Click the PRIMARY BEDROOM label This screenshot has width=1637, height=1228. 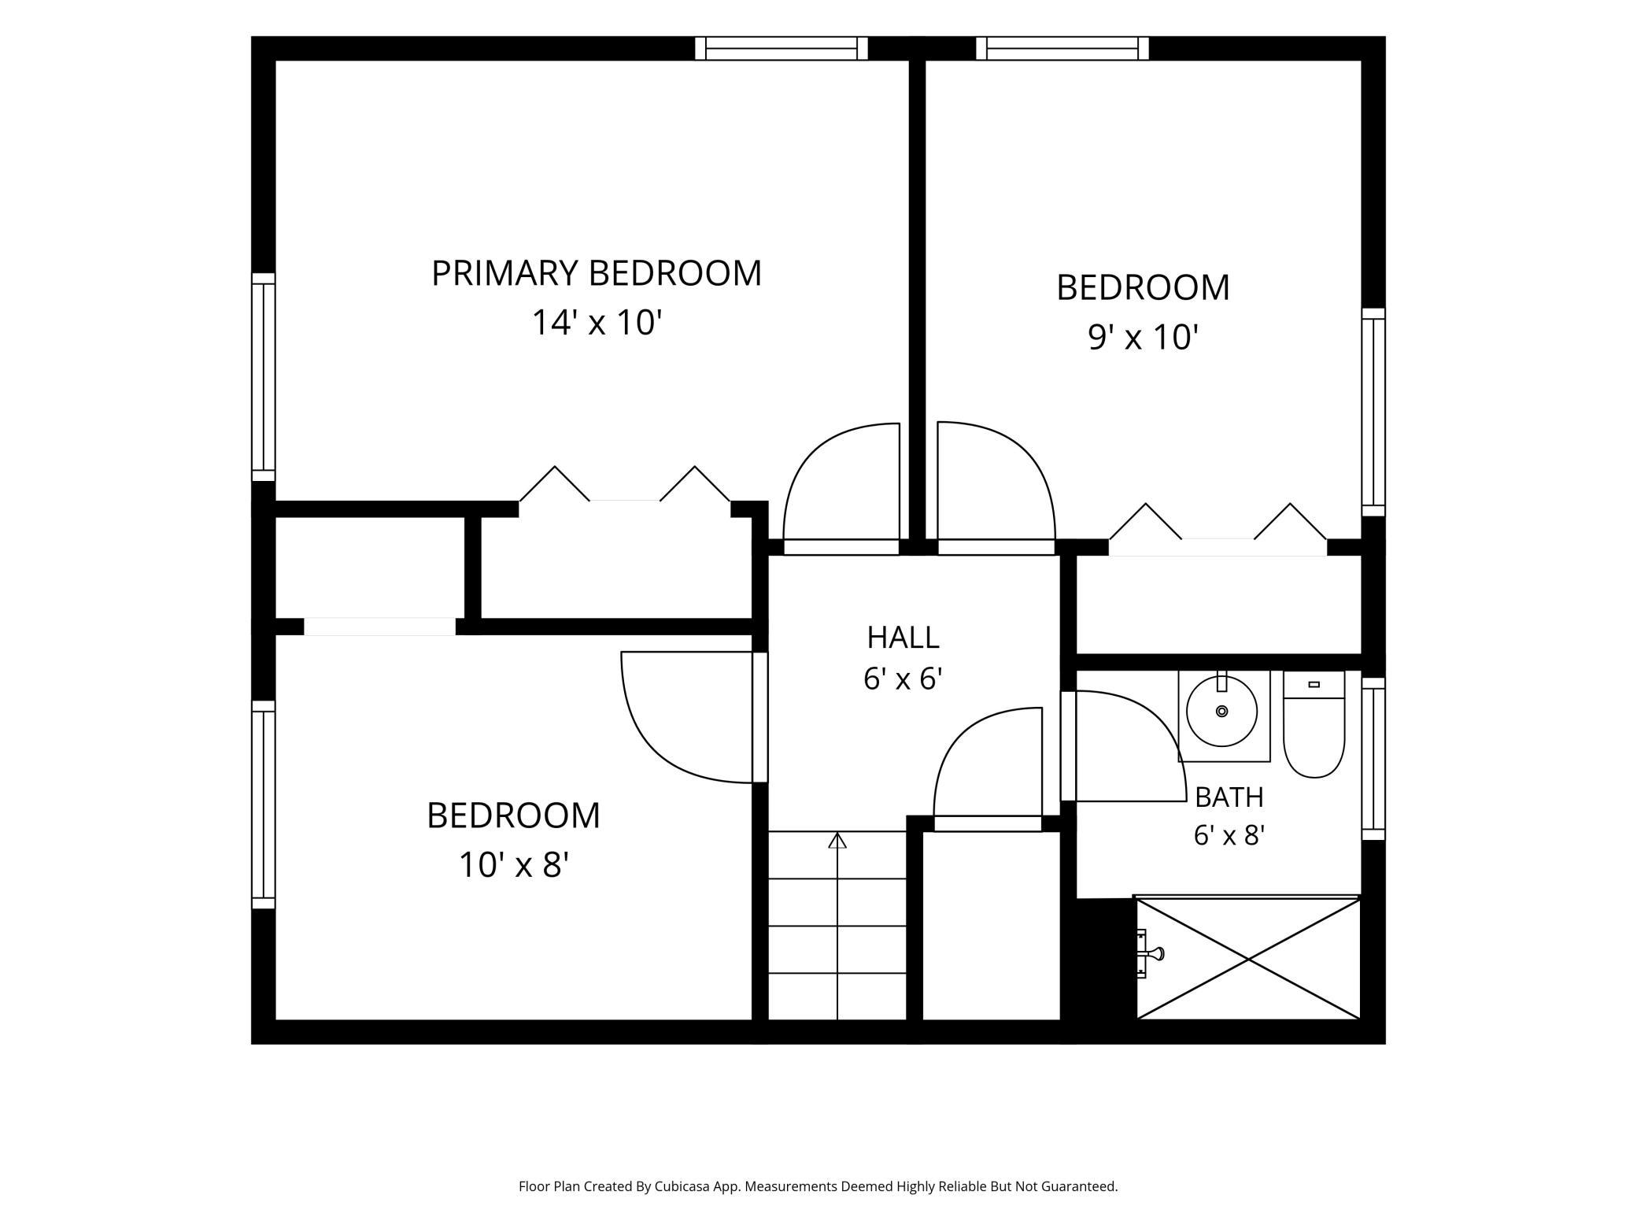597,273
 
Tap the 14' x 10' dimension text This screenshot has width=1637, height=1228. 597,323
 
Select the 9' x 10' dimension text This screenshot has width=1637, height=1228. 1143,337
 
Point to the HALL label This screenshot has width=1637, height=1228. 903,637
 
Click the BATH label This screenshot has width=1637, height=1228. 1229,797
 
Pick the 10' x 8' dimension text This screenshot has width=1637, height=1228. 513,864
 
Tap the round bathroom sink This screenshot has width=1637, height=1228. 1221,712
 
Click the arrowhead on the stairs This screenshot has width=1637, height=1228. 837,840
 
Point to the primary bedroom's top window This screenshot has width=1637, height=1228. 781,49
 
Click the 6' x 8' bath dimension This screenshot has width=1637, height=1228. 1229,834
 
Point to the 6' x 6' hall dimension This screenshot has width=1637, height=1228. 903,678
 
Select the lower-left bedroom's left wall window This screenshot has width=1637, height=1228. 264,804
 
